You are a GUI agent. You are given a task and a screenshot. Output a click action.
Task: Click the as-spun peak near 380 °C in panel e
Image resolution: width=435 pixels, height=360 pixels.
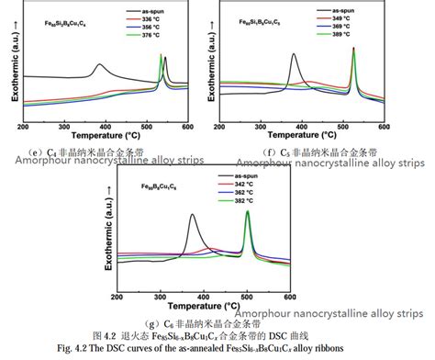[99, 65]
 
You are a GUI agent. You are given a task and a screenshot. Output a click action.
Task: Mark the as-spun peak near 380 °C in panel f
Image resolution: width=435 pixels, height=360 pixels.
[293, 55]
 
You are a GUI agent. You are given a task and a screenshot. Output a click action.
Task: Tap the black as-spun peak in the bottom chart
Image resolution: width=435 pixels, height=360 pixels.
[192, 216]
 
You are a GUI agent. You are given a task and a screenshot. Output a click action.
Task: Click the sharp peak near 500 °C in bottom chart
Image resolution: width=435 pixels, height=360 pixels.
[247, 213]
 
